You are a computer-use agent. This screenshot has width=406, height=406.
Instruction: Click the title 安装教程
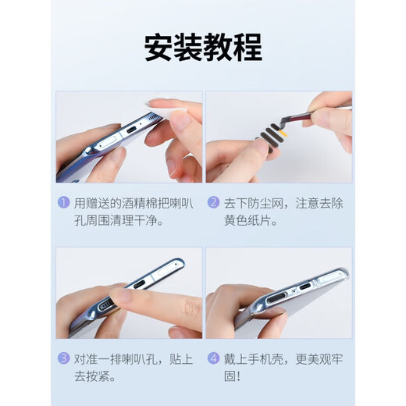pyautogui.click(x=202, y=48)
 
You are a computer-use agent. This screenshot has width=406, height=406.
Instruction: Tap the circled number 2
pyautogui.click(x=213, y=202)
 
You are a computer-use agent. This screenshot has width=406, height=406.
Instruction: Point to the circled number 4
pyautogui.click(x=213, y=359)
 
